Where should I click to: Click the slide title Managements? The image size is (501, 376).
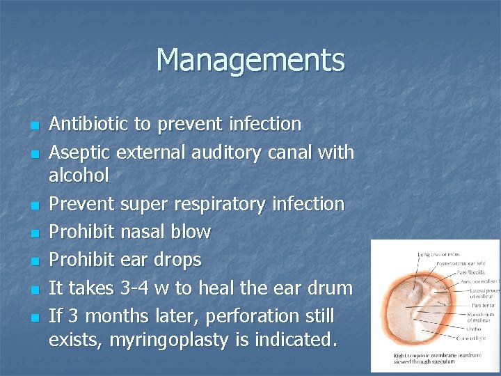coord(250,60)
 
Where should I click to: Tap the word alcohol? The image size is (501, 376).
coord(79,175)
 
